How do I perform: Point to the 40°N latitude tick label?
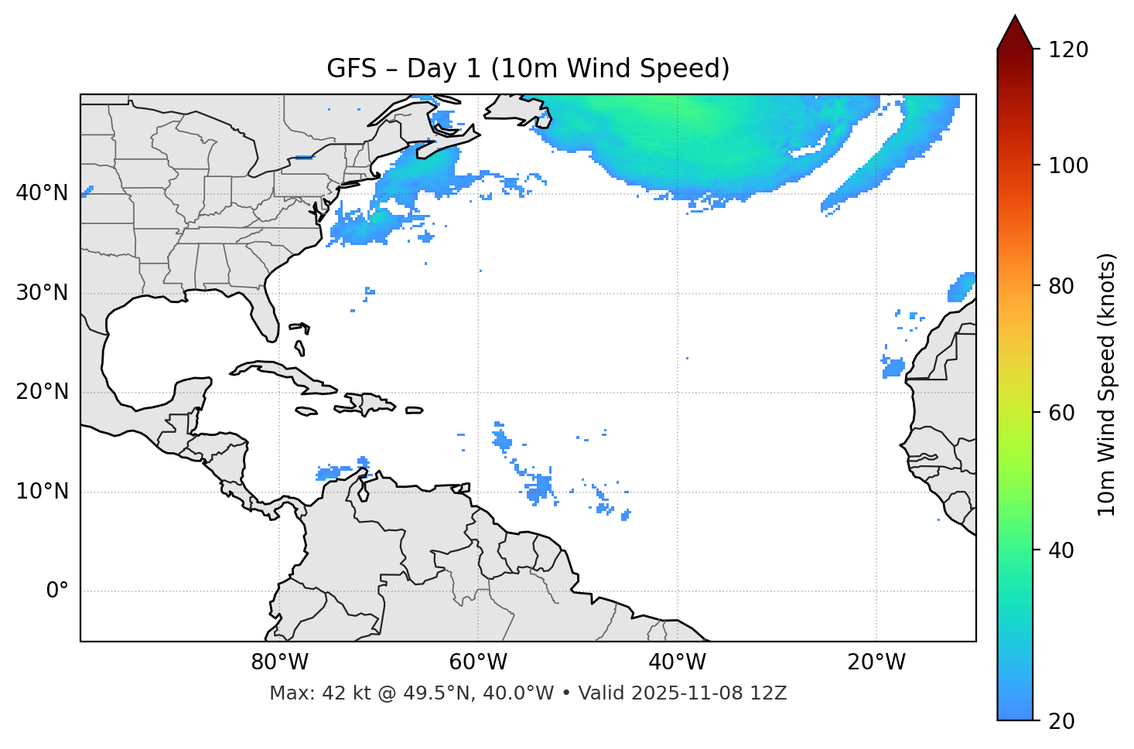click(42, 192)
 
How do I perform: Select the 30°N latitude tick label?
click(42, 293)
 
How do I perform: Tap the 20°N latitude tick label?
click(42, 392)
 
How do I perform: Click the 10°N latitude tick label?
click(42, 492)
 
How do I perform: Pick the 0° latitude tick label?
click(57, 591)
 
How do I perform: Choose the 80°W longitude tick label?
click(279, 662)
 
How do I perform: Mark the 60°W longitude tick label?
click(478, 662)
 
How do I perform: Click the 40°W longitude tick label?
click(677, 662)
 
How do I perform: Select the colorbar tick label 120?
click(1068, 49)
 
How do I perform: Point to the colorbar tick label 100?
click(1068, 165)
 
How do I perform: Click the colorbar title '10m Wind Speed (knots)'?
click(1107, 384)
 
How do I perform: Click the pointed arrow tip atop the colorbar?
click(1015, 19)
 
